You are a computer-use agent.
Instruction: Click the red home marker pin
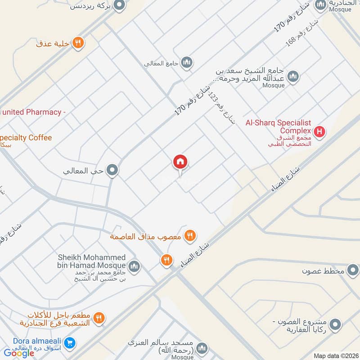180,162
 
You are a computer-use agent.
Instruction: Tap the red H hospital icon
319,132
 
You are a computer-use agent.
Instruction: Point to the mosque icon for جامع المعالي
187,62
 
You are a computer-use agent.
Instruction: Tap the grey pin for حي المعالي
112,171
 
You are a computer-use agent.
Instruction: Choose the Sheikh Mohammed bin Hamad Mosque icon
134,267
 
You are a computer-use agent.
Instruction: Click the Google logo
19,353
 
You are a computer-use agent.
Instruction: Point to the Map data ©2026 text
335,355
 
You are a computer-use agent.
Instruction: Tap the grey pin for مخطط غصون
353,270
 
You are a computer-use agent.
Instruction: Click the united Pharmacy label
31,112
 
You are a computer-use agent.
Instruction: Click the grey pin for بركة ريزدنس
119,5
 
